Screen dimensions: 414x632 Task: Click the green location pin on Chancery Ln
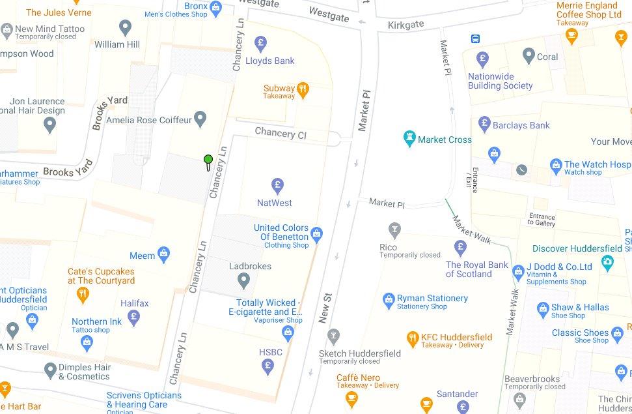click(208, 160)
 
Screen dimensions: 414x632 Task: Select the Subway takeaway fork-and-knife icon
click(303, 89)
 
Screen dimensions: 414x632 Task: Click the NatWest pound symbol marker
click(277, 185)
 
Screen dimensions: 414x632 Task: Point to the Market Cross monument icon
click(409, 139)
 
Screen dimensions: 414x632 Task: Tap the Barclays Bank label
click(521, 125)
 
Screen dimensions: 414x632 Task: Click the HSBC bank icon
click(268, 366)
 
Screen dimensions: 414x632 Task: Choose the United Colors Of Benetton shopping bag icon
click(317, 233)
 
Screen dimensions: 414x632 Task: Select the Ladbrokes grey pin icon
click(243, 281)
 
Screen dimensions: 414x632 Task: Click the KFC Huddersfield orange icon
click(412, 337)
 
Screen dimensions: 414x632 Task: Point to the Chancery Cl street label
click(280, 133)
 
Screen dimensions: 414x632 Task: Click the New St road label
click(326, 308)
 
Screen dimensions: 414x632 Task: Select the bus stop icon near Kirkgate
click(477, 38)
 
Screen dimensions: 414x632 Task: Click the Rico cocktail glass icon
click(393, 229)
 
